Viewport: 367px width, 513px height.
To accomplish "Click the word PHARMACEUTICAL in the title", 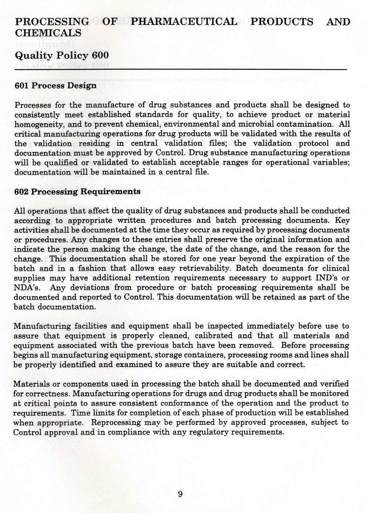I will [x=184, y=22].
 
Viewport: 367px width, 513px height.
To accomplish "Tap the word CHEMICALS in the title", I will [x=48, y=33].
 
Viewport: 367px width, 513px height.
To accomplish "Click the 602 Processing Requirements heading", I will [x=77, y=192].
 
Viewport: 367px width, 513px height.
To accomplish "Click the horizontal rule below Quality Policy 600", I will [x=181, y=69].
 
